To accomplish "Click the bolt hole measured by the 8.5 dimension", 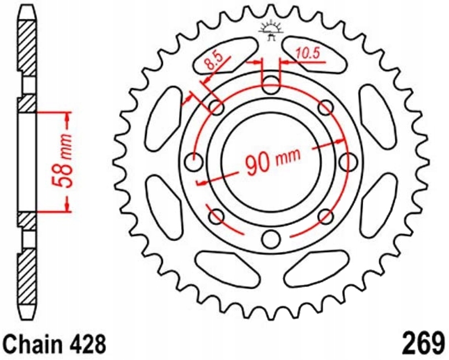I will tap(216, 107).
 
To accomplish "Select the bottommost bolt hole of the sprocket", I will tap(271, 239).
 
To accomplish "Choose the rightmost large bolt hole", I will tap(348, 162).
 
